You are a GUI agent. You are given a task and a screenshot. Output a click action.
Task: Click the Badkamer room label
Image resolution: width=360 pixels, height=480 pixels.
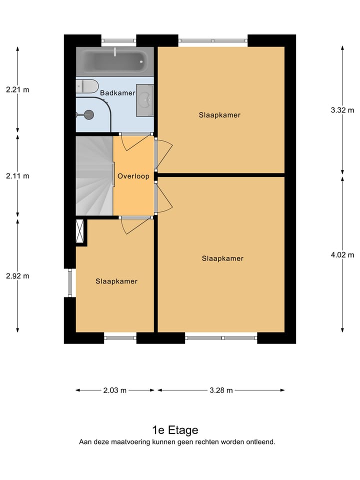click(x=117, y=93)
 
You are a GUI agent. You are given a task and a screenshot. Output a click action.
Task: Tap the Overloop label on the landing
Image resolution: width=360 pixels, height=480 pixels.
click(x=133, y=176)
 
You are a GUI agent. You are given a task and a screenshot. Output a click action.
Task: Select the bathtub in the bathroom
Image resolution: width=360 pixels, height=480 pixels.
click(x=114, y=60)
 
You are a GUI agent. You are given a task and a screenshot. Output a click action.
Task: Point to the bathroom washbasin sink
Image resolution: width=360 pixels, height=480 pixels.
click(x=145, y=100)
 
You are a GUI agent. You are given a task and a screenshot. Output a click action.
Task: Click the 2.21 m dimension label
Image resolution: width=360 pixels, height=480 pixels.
click(x=17, y=90)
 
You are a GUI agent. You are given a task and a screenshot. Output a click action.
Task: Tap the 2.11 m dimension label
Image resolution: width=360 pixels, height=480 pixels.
click(x=17, y=176)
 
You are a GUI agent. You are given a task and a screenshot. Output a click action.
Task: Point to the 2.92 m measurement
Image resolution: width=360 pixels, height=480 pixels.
click(x=17, y=276)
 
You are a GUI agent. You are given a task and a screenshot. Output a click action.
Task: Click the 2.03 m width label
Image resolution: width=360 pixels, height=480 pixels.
click(x=115, y=390)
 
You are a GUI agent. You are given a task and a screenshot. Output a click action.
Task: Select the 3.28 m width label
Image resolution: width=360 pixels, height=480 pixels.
click(x=220, y=390)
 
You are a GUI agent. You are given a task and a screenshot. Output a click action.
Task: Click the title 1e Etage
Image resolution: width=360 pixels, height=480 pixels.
click(x=175, y=430)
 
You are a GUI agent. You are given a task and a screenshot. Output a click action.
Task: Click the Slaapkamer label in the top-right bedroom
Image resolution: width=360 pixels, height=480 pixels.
click(x=219, y=115)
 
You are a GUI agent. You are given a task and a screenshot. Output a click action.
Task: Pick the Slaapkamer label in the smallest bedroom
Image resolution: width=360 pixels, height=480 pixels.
click(x=116, y=281)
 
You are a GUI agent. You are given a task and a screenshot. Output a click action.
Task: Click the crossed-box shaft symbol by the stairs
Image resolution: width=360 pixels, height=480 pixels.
click(x=79, y=231)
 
